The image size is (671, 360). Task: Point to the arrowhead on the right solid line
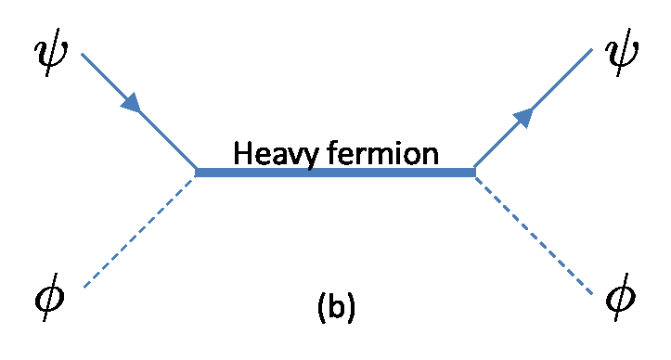(525, 115)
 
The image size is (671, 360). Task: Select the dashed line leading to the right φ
(534, 232)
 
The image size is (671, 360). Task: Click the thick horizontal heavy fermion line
(334, 173)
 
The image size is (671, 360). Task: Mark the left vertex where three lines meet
(197, 173)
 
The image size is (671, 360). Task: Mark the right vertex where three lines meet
(474, 173)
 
